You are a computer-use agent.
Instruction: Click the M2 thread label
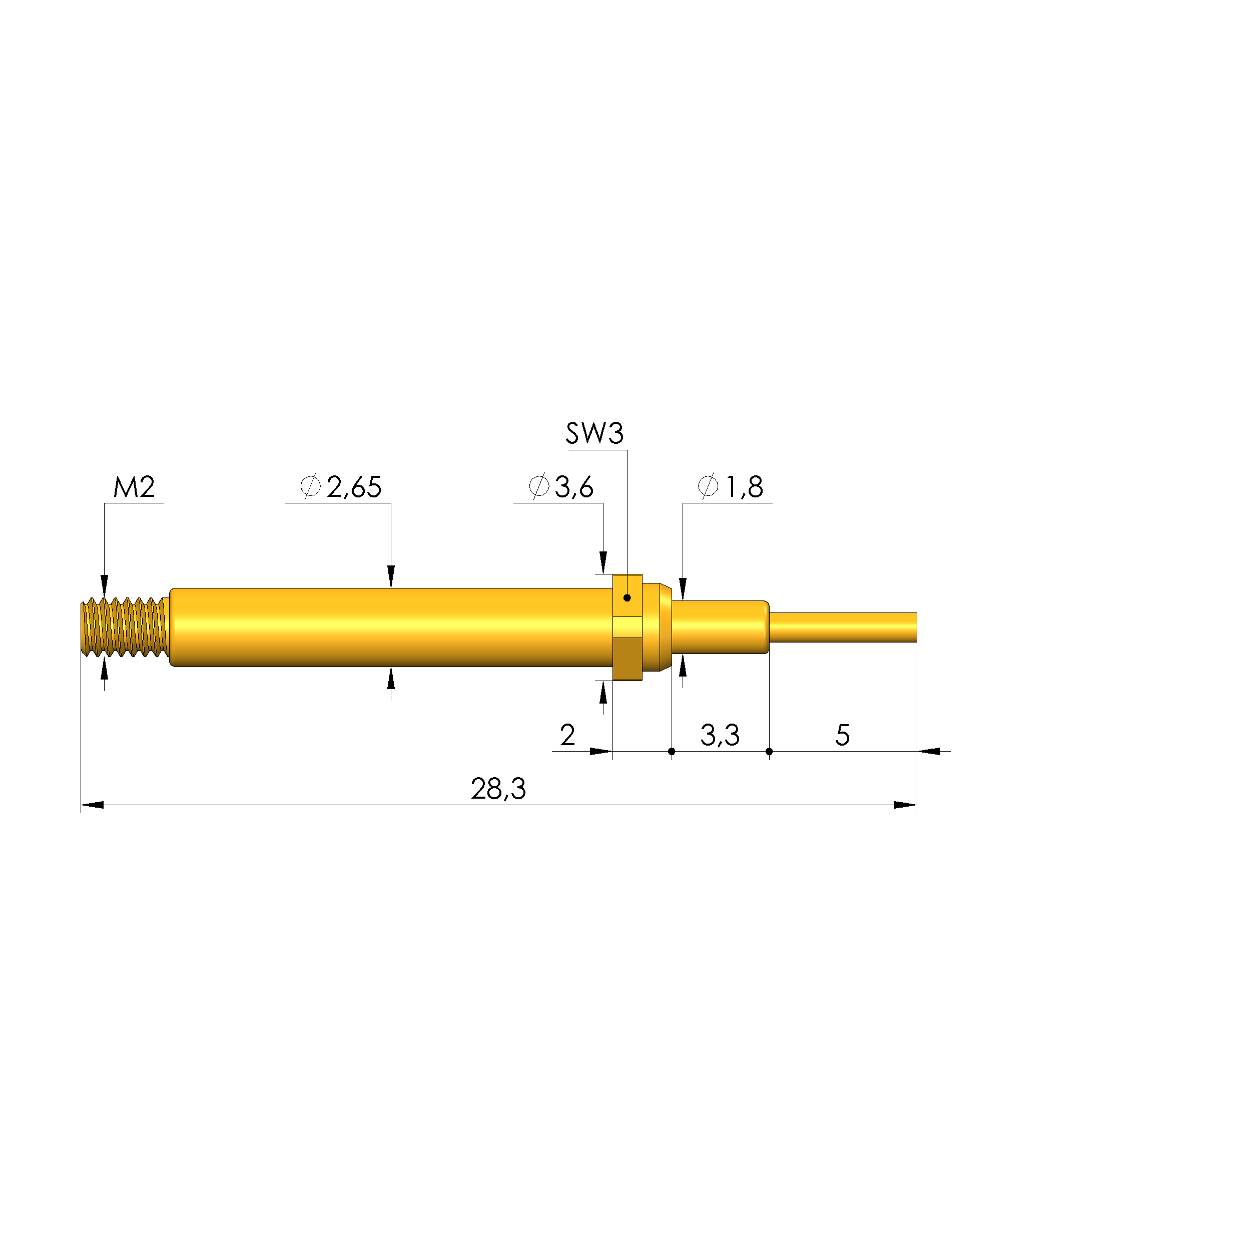[134, 487]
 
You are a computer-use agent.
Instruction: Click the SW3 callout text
[594, 433]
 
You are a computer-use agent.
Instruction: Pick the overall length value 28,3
[498, 789]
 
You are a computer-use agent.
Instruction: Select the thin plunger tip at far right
[843, 627]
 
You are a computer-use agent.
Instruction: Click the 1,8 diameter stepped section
[720, 627]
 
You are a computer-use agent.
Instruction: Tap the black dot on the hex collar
[627, 597]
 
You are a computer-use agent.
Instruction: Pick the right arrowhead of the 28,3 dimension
[905, 805]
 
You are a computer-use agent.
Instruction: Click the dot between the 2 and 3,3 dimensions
[671, 752]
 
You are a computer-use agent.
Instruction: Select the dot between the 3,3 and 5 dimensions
[769, 752]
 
